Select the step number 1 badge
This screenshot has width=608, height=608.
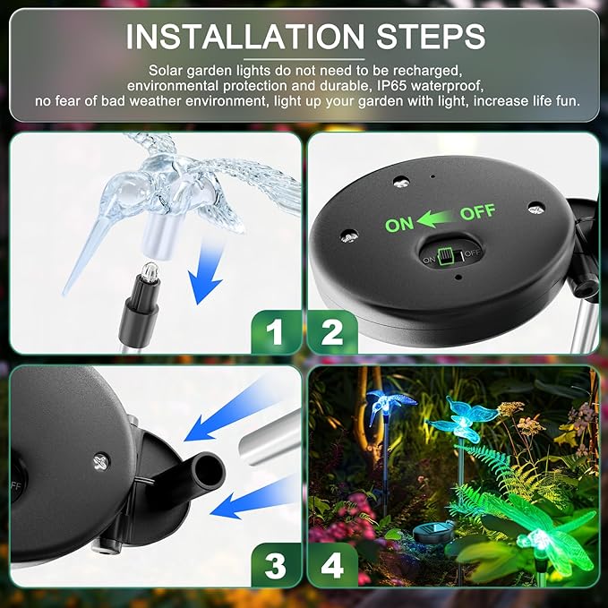click(274, 332)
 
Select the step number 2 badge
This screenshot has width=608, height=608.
click(332, 332)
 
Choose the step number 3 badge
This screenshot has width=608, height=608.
click(274, 565)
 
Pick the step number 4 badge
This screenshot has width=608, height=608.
click(332, 565)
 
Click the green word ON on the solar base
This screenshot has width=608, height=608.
click(399, 224)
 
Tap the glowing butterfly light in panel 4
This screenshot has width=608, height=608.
click(464, 419)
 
